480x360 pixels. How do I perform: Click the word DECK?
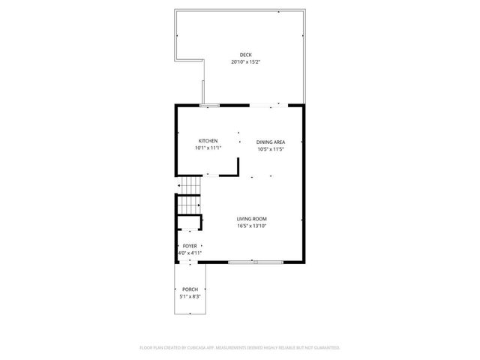point(245,55)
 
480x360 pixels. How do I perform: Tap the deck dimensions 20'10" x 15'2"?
point(245,62)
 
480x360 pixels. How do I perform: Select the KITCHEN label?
point(208,141)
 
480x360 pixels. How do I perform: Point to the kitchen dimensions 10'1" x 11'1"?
point(208,148)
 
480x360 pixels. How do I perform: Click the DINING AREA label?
point(270,142)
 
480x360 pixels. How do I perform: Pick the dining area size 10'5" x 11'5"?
point(270,149)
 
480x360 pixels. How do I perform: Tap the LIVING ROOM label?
point(252,219)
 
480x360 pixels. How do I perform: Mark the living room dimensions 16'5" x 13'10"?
point(252,226)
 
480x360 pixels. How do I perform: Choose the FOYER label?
point(190,246)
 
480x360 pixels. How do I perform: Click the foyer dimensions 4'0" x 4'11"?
point(190,253)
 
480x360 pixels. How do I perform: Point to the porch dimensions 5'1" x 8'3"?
point(190,296)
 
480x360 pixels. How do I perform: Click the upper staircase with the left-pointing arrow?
point(190,185)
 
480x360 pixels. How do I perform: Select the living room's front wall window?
point(256,262)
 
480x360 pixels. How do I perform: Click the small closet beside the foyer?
point(190,223)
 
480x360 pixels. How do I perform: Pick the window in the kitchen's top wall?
point(209,105)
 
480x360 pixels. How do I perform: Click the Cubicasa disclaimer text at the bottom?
point(240,347)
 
